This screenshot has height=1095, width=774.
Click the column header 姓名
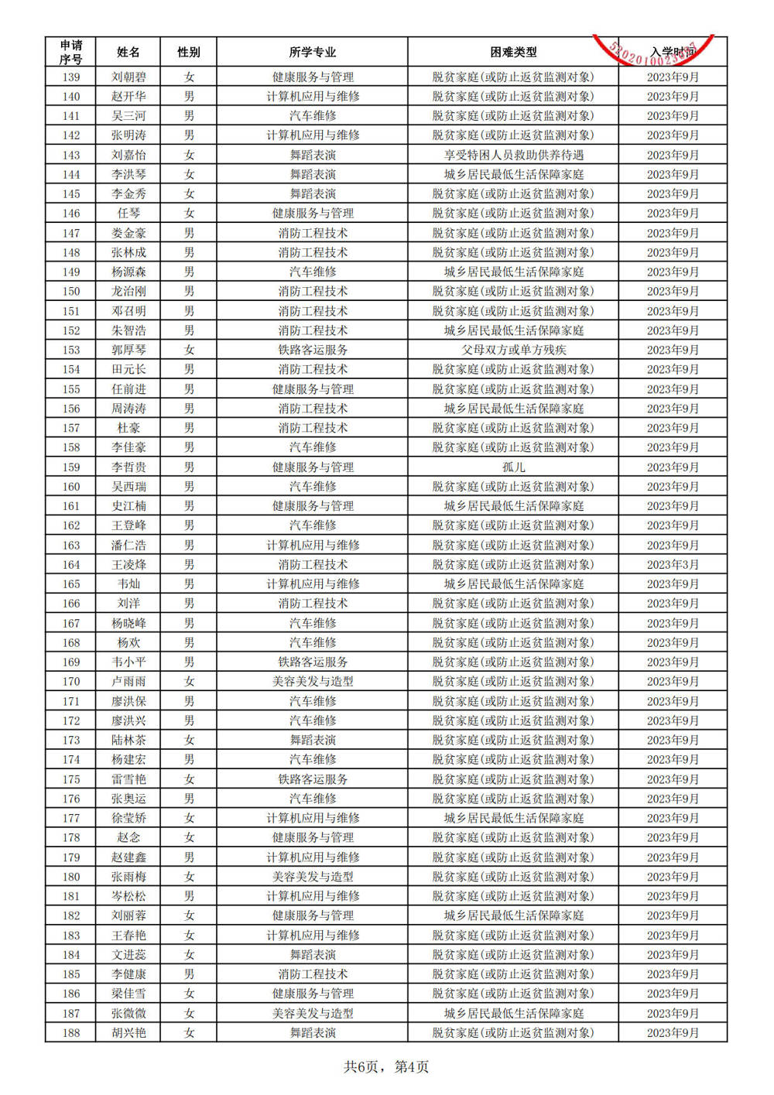(128, 52)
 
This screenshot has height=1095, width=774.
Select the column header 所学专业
(312, 52)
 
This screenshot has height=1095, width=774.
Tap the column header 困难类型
(512, 52)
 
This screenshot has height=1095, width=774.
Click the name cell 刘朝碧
(128, 77)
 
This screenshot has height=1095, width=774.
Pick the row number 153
(70, 350)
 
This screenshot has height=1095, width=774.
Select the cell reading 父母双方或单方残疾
(512, 350)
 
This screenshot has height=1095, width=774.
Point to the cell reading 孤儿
(512, 467)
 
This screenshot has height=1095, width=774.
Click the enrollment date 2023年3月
(672, 564)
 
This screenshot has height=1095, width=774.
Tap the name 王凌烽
(128, 564)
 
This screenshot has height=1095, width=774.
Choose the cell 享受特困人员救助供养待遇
(512, 155)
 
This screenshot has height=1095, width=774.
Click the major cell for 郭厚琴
(312, 350)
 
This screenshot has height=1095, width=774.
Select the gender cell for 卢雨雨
(188, 681)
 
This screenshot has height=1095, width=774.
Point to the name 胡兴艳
(128, 1032)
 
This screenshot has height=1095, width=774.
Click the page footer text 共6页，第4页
(385, 1066)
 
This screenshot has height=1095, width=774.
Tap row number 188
(70, 1032)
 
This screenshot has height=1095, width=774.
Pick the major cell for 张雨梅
(312, 876)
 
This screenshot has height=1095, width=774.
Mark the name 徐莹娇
(128, 818)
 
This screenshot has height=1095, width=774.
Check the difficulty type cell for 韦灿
(512, 583)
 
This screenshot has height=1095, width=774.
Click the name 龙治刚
(128, 291)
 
